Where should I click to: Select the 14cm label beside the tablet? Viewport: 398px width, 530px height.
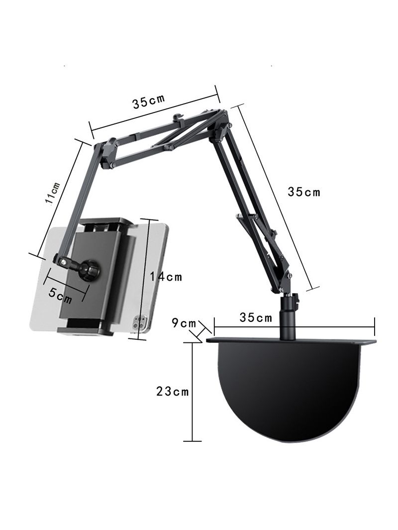pos(166,277)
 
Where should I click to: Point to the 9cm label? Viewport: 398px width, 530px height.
pos(184,323)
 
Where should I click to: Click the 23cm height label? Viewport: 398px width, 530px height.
pos(172,392)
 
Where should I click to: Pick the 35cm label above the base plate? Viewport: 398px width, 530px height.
pos(256,318)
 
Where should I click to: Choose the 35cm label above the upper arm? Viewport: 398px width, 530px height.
pos(149,101)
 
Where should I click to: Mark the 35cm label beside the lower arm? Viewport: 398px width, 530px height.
pos(304,192)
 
